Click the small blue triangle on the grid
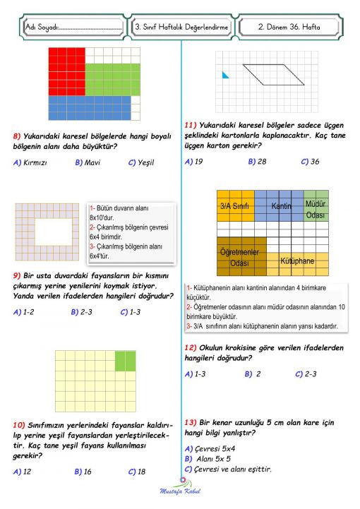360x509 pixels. point(224,74)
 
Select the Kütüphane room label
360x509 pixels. point(296,261)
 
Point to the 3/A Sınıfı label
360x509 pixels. point(234,205)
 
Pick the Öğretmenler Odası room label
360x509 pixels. point(241,257)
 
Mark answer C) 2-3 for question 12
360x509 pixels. point(308,373)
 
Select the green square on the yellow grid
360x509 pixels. point(125,361)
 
